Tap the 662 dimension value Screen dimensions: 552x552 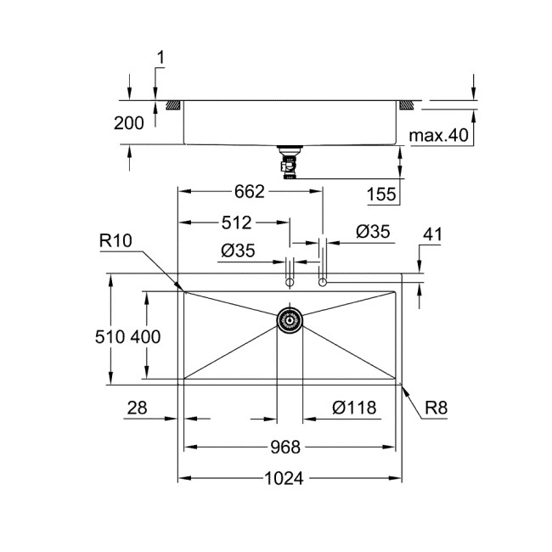pyautogui.click(x=250, y=193)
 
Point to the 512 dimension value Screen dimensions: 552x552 pyautogui.click(x=236, y=223)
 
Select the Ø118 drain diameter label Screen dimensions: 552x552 pyautogui.click(x=354, y=408)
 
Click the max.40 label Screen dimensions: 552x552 pyautogui.click(x=440, y=135)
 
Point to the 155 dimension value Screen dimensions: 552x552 pyautogui.click(x=381, y=194)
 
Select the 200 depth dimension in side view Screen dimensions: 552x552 pyautogui.click(x=129, y=123)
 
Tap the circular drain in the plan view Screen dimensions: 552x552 pyautogui.click(x=290, y=319)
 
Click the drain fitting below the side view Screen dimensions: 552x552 pyautogui.click(x=289, y=161)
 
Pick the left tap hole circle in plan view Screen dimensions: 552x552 pyautogui.click(x=290, y=281)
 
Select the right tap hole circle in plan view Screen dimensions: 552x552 pyautogui.click(x=322, y=281)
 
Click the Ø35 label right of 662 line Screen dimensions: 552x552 pyautogui.click(x=373, y=230)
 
